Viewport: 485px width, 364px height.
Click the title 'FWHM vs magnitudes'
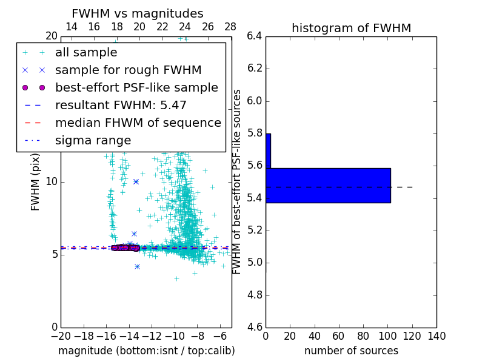(138, 14)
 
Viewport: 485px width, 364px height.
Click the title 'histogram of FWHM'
(351, 28)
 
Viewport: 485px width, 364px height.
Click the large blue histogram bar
(328, 185)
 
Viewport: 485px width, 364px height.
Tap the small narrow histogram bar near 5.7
(268, 150)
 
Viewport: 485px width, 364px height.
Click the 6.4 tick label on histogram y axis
(255, 36)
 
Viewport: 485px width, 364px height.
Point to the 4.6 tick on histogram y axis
(255, 328)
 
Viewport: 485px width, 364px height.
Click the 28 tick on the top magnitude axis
(230, 27)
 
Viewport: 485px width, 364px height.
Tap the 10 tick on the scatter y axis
(52, 182)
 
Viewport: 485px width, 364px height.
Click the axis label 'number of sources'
(351, 351)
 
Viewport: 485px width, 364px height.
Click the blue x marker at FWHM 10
(136, 181)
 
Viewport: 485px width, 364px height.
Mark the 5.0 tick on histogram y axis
(255, 263)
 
